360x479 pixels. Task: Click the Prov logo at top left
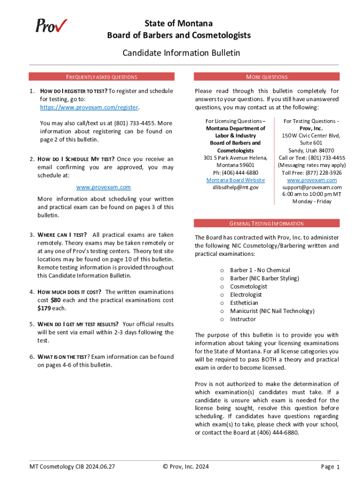pos(51,25)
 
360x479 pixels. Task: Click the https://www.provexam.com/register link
pos(88,107)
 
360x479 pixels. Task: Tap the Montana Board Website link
pos(235,180)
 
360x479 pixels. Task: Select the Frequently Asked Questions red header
pos(101,77)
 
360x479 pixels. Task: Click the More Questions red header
pos(266,77)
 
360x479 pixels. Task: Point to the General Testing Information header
pos(266,224)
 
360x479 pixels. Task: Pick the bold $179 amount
pos(44,308)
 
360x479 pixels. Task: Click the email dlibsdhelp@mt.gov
pos(235,188)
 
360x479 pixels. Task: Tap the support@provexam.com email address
pos(312,187)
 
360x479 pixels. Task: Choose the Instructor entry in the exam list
pos(243,319)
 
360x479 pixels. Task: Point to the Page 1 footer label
pos(330,466)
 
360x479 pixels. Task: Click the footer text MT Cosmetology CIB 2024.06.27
pos(72,466)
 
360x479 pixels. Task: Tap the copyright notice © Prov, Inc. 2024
pos(186,466)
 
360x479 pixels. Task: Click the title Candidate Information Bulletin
pos(181,53)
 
